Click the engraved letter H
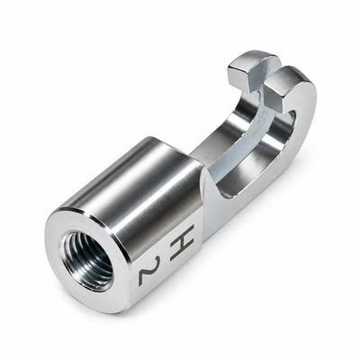(x=182, y=242)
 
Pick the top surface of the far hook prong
(x=254, y=58)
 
